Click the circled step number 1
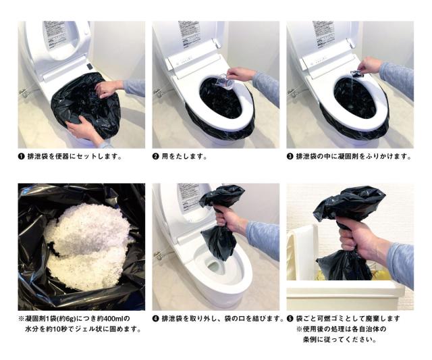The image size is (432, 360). [21, 157]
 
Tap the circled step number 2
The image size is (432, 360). [155, 157]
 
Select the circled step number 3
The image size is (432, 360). [290, 157]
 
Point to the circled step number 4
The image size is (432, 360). [155, 319]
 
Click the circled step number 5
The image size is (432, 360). [290, 319]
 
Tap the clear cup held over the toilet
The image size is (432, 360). [224, 81]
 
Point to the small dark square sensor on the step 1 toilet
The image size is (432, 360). [90, 66]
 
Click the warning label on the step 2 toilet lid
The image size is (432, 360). [188, 34]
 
